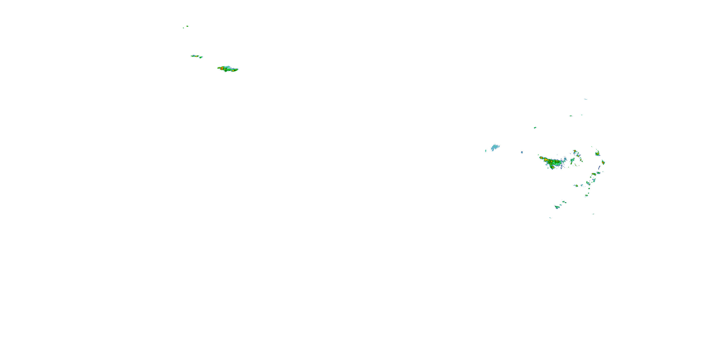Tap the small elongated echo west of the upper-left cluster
(x=195, y=56)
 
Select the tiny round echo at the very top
(x=187, y=26)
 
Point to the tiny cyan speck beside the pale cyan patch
(x=486, y=151)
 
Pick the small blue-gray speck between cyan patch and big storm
(x=522, y=152)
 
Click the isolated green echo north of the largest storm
(x=535, y=128)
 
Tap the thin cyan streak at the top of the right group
(x=586, y=99)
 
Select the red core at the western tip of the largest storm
(x=542, y=158)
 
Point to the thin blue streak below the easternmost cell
(x=599, y=168)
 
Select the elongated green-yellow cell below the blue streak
(x=594, y=174)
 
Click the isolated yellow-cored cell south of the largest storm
(x=576, y=186)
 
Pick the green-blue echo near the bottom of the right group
(x=557, y=207)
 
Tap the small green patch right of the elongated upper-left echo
(x=201, y=57)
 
